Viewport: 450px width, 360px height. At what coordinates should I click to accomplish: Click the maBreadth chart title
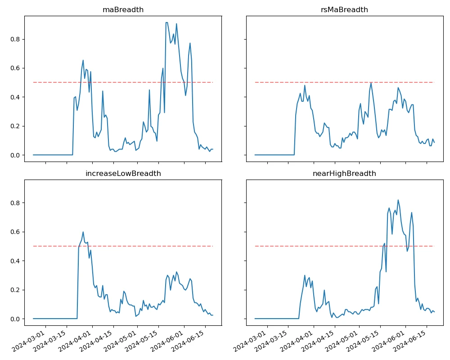[x=123, y=10]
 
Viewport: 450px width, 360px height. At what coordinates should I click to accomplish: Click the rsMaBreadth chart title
[x=345, y=10]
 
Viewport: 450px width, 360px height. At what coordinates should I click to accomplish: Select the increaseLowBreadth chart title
[x=123, y=174]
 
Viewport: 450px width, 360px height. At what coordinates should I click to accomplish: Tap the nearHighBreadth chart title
[x=345, y=174]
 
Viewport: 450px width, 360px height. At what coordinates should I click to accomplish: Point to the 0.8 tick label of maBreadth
[x=16, y=39]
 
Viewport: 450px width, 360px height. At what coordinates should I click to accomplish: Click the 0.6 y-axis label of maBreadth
[x=16, y=68]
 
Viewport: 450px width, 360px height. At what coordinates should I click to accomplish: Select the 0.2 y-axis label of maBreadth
[x=16, y=126]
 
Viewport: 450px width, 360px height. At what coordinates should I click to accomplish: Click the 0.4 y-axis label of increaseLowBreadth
[x=16, y=261]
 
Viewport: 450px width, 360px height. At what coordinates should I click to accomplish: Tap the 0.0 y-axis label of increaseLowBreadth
[x=16, y=319]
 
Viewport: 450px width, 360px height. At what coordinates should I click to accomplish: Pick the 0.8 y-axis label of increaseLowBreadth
[x=16, y=203]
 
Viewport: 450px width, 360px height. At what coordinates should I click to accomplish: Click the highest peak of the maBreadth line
[x=166, y=22]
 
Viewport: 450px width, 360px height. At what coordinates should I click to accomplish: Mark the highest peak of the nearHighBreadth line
[x=398, y=200]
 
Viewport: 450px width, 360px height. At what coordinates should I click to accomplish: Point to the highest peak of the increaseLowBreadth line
[x=83, y=232]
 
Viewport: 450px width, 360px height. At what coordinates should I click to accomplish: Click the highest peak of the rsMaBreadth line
[x=371, y=82]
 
